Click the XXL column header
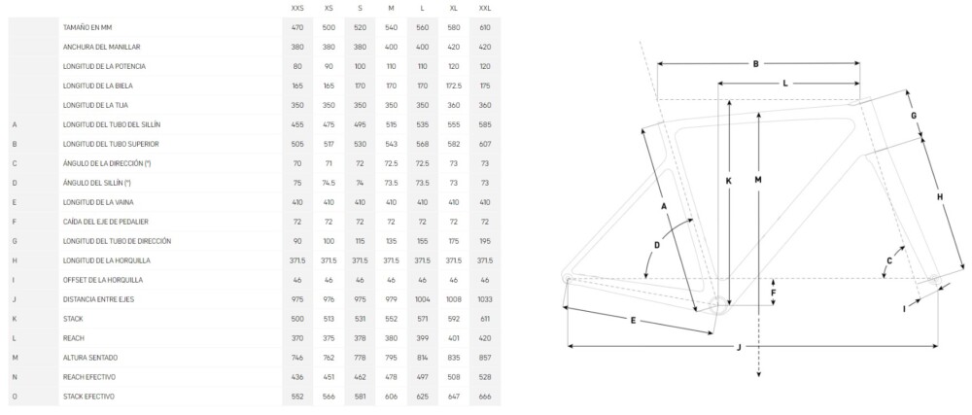click(485, 8)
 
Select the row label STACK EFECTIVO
click(88, 397)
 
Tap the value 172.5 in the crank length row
click(454, 86)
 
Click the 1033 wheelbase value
click(485, 299)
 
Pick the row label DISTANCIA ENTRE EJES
click(98, 299)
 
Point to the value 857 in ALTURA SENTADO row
click(485, 358)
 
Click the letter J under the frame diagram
click(739, 348)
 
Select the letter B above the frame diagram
click(755, 63)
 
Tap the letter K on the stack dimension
click(728, 181)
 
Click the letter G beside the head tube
click(913, 116)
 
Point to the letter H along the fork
click(940, 197)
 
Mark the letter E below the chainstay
click(633, 320)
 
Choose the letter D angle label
click(657, 245)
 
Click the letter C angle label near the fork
click(889, 260)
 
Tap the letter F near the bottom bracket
click(773, 292)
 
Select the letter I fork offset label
click(904, 308)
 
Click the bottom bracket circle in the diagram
click(719, 305)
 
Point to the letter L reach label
click(784, 83)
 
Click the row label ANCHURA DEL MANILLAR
click(101, 47)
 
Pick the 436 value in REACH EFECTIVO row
click(297, 376)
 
